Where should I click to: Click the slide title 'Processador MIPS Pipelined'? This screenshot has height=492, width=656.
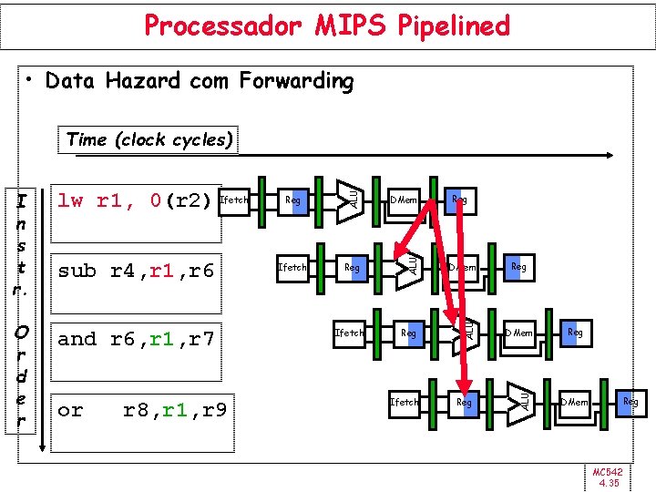[x=327, y=26]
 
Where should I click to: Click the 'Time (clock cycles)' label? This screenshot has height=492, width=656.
[x=150, y=139]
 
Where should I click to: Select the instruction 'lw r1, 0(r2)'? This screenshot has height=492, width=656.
[x=134, y=200]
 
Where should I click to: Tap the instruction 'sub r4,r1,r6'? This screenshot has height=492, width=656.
[x=136, y=270]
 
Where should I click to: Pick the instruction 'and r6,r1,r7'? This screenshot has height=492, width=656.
[x=136, y=339]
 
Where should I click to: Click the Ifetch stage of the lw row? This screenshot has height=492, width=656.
[x=235, y=200]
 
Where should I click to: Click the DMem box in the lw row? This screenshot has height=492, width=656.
[x=404, y=200]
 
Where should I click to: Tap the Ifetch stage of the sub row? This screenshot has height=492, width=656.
[x=292, y=268]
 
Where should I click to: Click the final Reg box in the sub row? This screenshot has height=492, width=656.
[x=518, y=268]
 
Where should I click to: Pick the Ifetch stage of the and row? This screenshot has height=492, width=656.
[x=349, y=333]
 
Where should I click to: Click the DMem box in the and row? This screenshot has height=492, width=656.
[x=519, y=333]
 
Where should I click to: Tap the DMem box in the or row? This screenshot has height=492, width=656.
[x=574, y=402]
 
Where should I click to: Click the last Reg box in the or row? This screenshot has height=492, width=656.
[x=630, y=402]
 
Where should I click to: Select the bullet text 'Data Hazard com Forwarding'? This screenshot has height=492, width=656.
[x=199, y=81]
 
